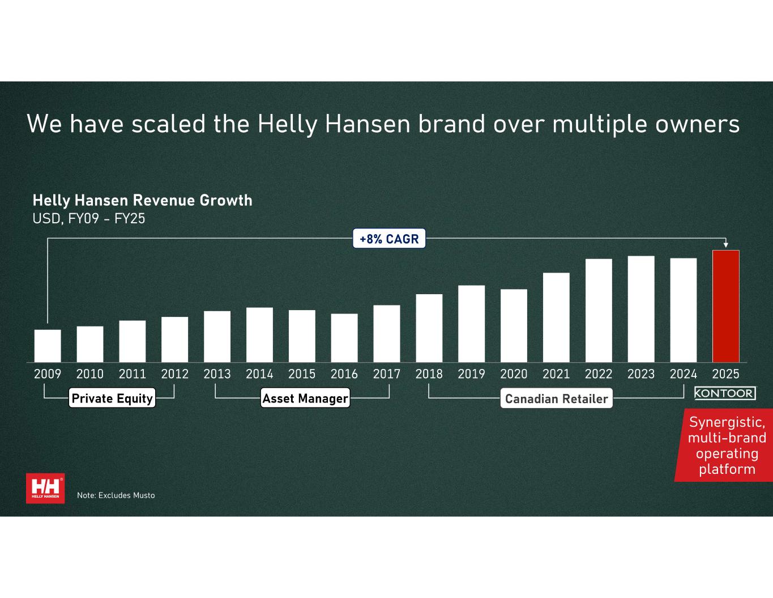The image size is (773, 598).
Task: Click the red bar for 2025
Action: [725, 306]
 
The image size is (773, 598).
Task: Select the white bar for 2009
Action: [48, 346]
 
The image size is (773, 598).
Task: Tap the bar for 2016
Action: [344, 338]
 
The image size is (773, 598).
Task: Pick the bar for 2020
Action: [514, 326]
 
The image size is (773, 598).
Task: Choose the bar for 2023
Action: [641, 309]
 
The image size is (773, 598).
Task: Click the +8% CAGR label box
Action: [389, 239]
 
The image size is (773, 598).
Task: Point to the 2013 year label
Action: [217, 374]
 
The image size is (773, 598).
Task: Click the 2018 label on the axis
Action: [429, 374]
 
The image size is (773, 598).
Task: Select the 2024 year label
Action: [684, 374]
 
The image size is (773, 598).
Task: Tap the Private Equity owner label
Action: [112, 398]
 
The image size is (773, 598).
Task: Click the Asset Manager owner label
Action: [305, 398]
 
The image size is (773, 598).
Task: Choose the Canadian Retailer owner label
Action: [556, 398]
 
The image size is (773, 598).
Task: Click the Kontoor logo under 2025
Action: [725, 393]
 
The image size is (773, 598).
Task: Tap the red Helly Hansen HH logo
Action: [45, 489]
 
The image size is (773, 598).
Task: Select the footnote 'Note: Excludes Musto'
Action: [116, 495]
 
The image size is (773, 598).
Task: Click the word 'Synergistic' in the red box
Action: [727, 422]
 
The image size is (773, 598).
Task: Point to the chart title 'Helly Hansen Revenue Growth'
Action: [142, 201]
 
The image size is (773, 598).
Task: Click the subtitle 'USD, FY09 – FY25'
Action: [89, 219]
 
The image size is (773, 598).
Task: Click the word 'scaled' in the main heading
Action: [169, 124]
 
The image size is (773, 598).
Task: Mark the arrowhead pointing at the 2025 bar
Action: [725, 245]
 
